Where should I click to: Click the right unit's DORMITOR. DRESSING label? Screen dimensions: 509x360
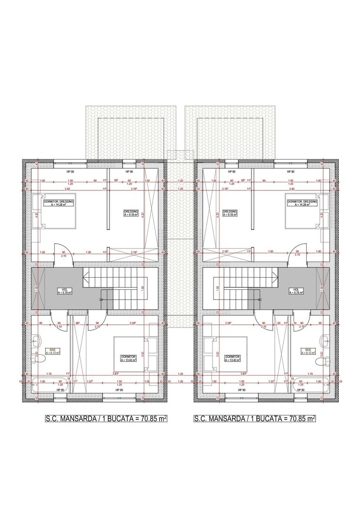tap(303, 203)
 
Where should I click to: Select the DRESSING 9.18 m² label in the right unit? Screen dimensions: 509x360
tap(229, 213)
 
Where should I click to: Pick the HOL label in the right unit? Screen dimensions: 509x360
tap(296, 291)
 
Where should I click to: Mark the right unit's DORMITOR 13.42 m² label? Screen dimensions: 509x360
tap(233, 358)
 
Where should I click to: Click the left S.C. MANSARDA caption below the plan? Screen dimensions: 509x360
tap(106, 418)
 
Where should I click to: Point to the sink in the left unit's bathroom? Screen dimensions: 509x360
tap(34, 339)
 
